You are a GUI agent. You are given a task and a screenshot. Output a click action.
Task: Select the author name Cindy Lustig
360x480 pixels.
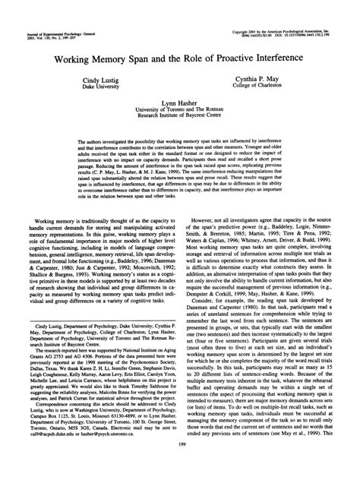pyautogui.click(x=105, y=79)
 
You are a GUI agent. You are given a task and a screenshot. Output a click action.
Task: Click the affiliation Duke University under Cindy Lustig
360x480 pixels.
pyautogui.click(x=105, y=86)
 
